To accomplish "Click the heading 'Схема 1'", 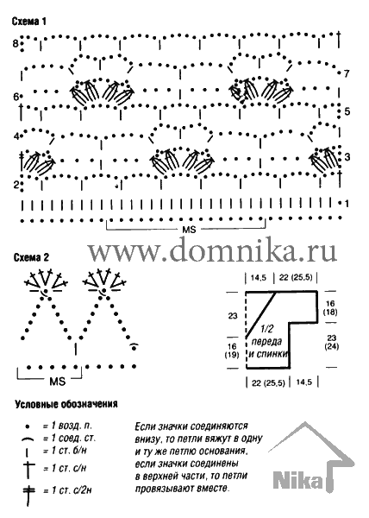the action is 29,22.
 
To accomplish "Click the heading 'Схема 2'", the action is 31,257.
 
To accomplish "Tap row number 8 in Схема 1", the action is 16,43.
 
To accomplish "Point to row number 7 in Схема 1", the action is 347,73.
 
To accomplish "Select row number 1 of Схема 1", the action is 347,204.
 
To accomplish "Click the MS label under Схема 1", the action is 189,230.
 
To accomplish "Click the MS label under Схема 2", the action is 58,382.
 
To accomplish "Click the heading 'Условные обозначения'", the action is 66,404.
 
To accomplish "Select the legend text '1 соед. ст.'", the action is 69,438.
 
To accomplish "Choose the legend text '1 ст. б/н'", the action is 65,451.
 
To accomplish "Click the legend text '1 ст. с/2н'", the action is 67,490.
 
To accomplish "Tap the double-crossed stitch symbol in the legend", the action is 29,493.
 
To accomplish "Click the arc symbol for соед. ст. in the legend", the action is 28,439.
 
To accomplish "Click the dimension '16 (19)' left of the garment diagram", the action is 232,351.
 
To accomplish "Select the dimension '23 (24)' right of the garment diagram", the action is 331,342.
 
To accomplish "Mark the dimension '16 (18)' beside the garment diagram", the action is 330,308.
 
